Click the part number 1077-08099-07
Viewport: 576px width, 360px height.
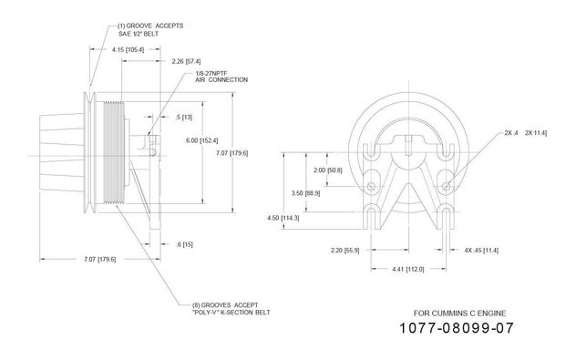point(457,328)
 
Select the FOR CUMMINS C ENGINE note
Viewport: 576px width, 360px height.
point(459,314)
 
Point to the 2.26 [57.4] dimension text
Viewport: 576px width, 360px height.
point(186,61)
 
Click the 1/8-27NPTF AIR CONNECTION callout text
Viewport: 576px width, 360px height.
point(221,77)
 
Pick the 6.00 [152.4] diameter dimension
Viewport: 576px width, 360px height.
point(201,140)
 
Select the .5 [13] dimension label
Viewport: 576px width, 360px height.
point(184,118)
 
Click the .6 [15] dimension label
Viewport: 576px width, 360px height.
point(184,244)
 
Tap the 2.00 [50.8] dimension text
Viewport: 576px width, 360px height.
point(328,170)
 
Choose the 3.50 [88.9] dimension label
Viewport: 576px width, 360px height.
point(305,193)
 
